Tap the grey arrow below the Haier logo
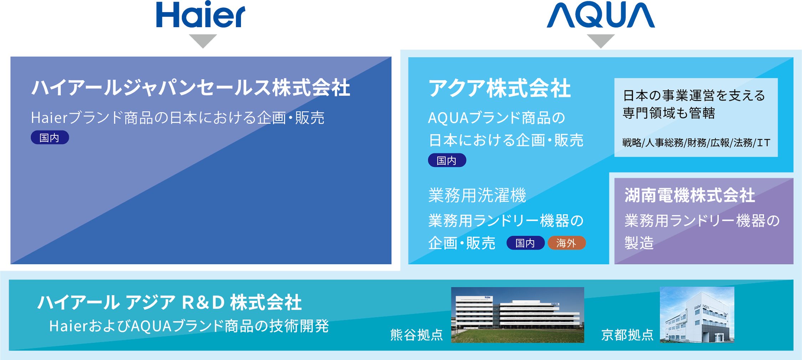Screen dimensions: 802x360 [x=203, y=41]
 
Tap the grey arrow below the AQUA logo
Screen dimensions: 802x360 [x=601, y=41]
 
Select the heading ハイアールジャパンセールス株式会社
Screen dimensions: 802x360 [x=191, y=88]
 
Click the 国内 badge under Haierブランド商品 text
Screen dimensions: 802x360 [x=50, y=138]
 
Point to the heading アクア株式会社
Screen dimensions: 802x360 [x=499, y=88]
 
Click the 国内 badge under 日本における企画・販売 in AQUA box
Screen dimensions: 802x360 [x=447, y=160]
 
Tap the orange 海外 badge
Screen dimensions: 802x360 [x=567, y=243]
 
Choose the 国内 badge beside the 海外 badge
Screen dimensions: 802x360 [x=525, y=243]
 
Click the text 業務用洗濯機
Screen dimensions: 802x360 [x=477, y=195]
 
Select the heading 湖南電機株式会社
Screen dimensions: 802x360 [x=690, y=195]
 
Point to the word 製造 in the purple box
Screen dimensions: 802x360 [x=639, y=243]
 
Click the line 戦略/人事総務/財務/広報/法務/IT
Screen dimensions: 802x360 [x=696, y=143]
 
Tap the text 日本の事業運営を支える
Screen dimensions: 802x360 [x=694, y=96]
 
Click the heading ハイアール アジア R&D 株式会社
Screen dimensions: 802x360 [x=170, y=302]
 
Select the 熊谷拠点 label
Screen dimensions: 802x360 [x=416, y=335]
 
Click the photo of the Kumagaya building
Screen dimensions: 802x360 [x=518, y=315]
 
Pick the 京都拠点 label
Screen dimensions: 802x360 [x=627, y=335]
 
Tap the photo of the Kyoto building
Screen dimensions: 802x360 [x=697, y=315]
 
